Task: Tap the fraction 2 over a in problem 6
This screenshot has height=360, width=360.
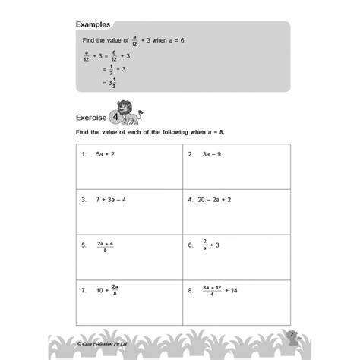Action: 205,246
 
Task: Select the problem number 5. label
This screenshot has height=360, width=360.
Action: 84,246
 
